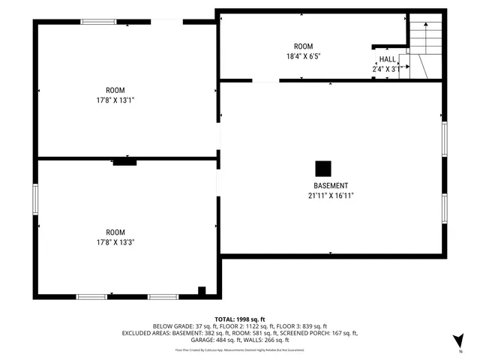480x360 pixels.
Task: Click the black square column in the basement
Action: click(x=322, y=169)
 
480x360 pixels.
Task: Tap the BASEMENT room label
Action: click(x=331, y=186)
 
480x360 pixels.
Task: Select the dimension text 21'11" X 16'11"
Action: click(x=331, y=196)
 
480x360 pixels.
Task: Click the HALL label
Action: click(x=387, y=59)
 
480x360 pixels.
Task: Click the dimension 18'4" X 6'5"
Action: click(x=304, y=56)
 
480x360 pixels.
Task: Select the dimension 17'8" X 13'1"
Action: click(x=115, y=100)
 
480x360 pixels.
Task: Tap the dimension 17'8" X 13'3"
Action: click(x=115, y=242)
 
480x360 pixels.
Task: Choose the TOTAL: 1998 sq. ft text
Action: click(x=240, y=318)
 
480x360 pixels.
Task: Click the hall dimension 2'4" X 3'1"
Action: click(x=387, y=69)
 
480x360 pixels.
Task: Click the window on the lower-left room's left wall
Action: click(x=35, y=199)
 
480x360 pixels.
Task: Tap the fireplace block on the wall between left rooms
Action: click(x=124, y=160)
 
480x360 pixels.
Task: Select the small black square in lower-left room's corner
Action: click(x=201, y=291)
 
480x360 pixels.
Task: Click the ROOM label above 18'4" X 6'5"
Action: click(x=304, y=46)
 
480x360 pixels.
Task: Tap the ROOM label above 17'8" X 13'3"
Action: click(x=115, y=232)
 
